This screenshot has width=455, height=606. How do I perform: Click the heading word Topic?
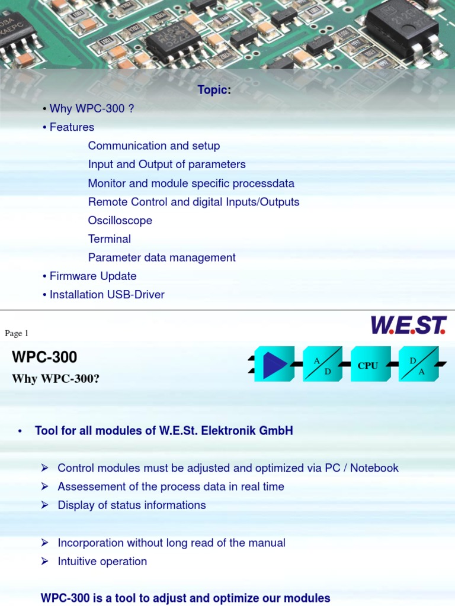point(213,90)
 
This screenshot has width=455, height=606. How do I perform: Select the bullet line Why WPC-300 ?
point(87,108)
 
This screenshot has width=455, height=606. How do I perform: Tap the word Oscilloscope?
point(120,220)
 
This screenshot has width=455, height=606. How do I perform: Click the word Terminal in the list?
point(110,239)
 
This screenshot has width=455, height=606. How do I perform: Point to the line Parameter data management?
point(162,257)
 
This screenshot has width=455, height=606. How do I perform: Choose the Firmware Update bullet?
point(93,276)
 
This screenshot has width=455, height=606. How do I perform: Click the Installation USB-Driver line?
point(107,294)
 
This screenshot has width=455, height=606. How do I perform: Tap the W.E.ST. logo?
point(408,325)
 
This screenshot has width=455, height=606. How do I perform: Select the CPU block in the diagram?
point(367,365)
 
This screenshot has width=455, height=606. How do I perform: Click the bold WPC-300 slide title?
point(44,357)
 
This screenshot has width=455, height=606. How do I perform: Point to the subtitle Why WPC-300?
point(56,379)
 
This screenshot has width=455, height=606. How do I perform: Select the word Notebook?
point(374,468)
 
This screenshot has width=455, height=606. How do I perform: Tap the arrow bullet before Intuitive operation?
point(44,561)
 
